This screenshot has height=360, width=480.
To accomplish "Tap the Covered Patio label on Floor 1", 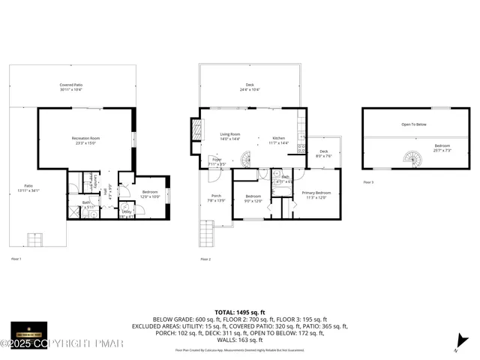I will pos(71,85).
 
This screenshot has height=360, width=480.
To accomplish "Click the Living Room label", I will pos(229,134).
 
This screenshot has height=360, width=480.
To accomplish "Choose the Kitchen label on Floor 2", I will pos(279,138).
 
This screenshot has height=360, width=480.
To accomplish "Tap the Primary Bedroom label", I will pos(316,193).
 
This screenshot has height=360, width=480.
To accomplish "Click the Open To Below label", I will pos(414,124).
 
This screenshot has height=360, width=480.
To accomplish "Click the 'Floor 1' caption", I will pos(16,259).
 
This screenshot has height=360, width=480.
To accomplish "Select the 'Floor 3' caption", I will pos(368,182).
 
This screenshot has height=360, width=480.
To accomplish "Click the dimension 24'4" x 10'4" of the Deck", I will pos(250,90).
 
